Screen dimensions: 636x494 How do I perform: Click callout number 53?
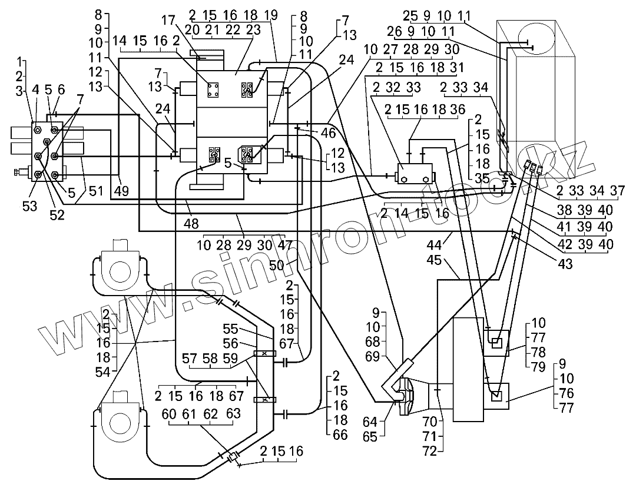point(29,207)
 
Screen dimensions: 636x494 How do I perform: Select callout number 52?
point(57,215)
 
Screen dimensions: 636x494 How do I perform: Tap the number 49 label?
point(121,190)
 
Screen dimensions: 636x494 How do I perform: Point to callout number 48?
point(191,223)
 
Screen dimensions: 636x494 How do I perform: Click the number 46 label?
point(328,132)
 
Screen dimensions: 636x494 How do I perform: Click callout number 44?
point(434,245)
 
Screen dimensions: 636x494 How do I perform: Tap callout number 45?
point(434,260)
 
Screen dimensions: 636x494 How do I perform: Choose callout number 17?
point(170,19)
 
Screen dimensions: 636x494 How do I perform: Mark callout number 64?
point(370,422)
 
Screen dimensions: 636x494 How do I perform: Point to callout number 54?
point(103,372)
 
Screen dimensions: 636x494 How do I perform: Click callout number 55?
point(230,329)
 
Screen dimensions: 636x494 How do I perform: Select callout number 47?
point(285,246)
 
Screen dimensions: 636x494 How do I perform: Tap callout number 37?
point(617,191)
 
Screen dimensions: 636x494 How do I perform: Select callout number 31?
point(457,67)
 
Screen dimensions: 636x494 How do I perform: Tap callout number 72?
point(430,451)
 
